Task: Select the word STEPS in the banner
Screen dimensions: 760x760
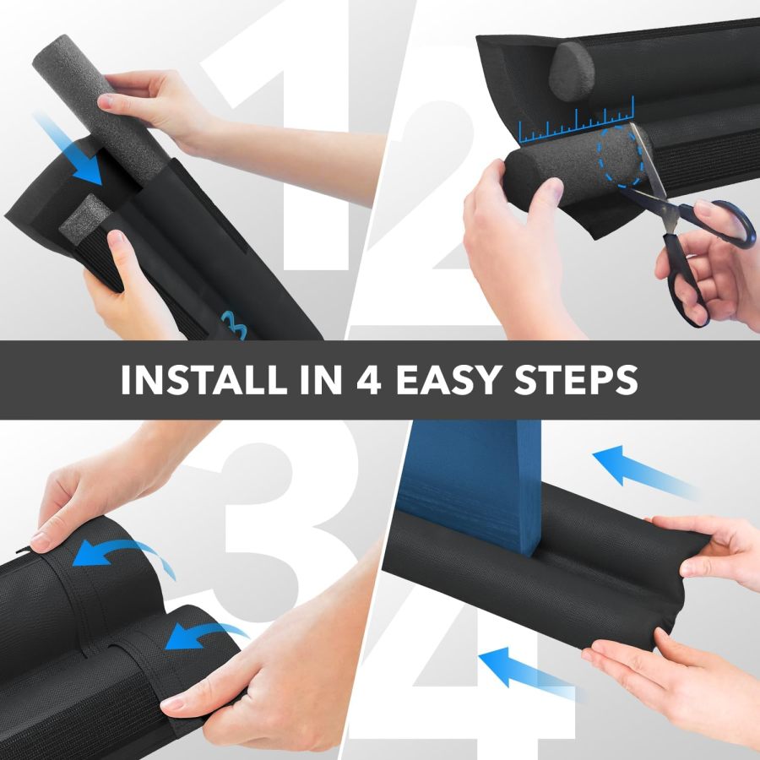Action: coord(578,380)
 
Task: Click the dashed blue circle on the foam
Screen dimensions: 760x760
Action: coord(625,156)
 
